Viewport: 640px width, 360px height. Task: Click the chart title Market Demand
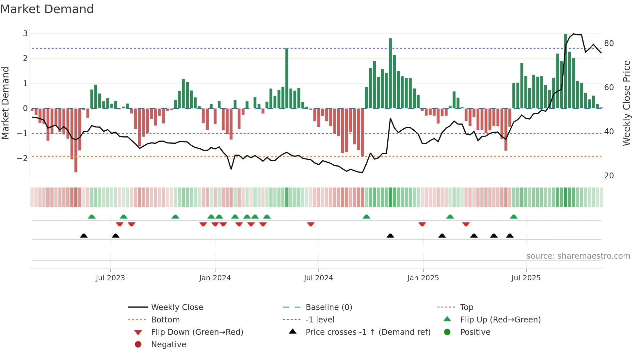(47, 9)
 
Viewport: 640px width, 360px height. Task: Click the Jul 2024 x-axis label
(318, 278)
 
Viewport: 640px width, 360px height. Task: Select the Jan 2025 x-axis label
(423, 278)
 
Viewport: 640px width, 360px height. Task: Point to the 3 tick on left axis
(25, 33)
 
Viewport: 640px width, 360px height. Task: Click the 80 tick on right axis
(609, 43)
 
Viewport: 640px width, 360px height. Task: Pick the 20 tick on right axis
(609, 176)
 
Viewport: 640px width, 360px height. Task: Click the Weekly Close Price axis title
(626, 103)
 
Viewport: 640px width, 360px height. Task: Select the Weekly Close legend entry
(177, 307)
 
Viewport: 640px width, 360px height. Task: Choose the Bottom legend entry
(165, 320)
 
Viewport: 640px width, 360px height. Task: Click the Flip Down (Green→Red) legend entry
(197, 332)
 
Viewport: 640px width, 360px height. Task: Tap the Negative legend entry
(168, 345)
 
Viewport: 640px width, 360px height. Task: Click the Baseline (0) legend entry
(328, 307)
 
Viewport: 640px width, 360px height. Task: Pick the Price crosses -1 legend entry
(368, 332)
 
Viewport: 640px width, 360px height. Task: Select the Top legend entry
(466, 307)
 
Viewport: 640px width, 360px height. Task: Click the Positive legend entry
(475, 332)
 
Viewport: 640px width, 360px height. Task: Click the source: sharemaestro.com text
(578, 256)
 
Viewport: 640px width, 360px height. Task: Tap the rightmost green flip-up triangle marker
(514, 217)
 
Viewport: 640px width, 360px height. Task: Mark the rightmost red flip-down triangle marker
(466, 224)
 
